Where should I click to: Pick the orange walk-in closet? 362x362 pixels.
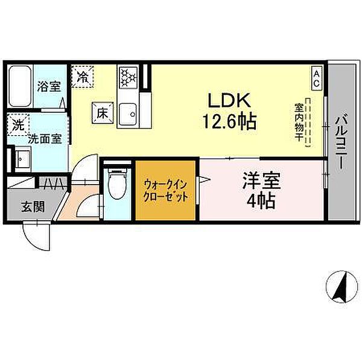click(x=165, y=191)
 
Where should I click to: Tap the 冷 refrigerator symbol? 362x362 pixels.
click(x=82, y=77)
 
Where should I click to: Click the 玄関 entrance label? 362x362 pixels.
click(x=33, y=207)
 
